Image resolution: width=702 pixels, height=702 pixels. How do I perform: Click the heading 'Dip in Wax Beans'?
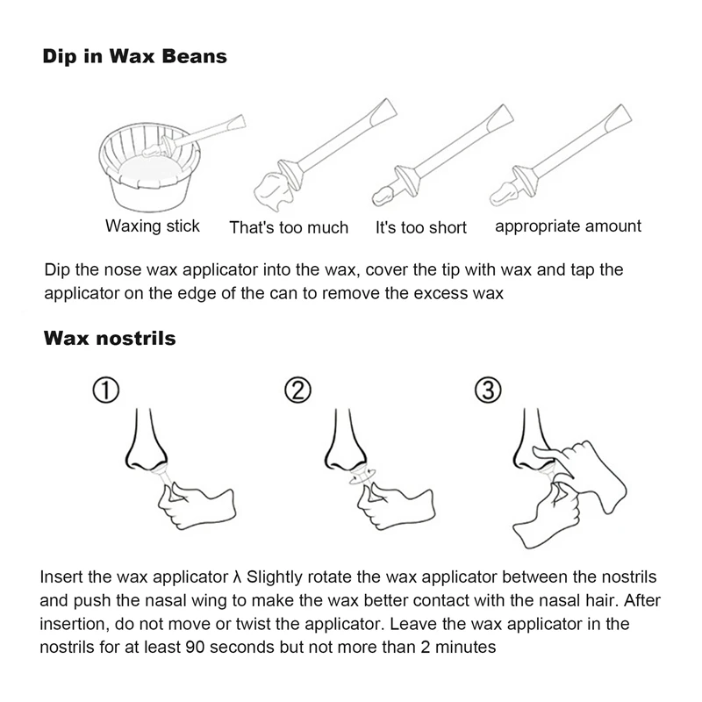tap(135, 57)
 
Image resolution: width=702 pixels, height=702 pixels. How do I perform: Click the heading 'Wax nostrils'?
tap(110, 338)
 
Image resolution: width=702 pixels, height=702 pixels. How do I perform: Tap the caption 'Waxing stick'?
tap(153, 226)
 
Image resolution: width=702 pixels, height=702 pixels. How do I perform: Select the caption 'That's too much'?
tap(289, 227)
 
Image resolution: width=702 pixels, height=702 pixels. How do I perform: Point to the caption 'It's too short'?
tap(421, 227)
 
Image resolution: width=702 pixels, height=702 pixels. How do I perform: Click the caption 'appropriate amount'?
tap(568, 226)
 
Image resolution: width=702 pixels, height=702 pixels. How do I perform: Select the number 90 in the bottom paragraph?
tap(192, 648)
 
